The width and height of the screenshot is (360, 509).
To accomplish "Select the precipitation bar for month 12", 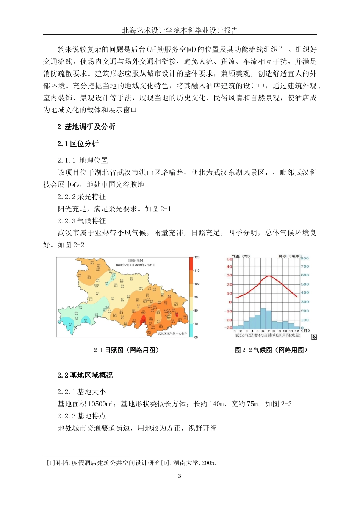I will click(297, 327).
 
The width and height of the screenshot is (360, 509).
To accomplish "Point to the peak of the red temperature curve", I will click(268, 276).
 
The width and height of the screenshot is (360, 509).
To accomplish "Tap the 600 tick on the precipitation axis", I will click(305, 275).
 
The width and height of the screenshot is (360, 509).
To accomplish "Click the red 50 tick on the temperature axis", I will click(229, 259).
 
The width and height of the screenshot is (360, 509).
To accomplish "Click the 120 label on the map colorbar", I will click(197, 258).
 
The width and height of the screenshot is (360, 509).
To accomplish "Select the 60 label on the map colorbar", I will click(196, 337).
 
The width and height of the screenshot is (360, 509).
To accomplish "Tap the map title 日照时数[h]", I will click(135, 261).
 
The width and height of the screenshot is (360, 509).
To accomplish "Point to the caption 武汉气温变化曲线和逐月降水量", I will click(267, 336).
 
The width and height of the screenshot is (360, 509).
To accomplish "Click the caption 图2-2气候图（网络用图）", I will click(271, 350).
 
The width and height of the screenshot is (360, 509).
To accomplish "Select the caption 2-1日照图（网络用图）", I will click(126, 350).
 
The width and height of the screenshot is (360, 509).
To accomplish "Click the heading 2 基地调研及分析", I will click(86, 127).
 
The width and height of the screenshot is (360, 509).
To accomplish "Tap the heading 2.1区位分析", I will click(78, 144).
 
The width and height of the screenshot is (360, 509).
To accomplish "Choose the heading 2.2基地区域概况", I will click(85, 375).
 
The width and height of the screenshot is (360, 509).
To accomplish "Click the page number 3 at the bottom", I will click(180, 476).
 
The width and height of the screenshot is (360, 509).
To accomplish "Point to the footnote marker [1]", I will click(50, 463).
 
